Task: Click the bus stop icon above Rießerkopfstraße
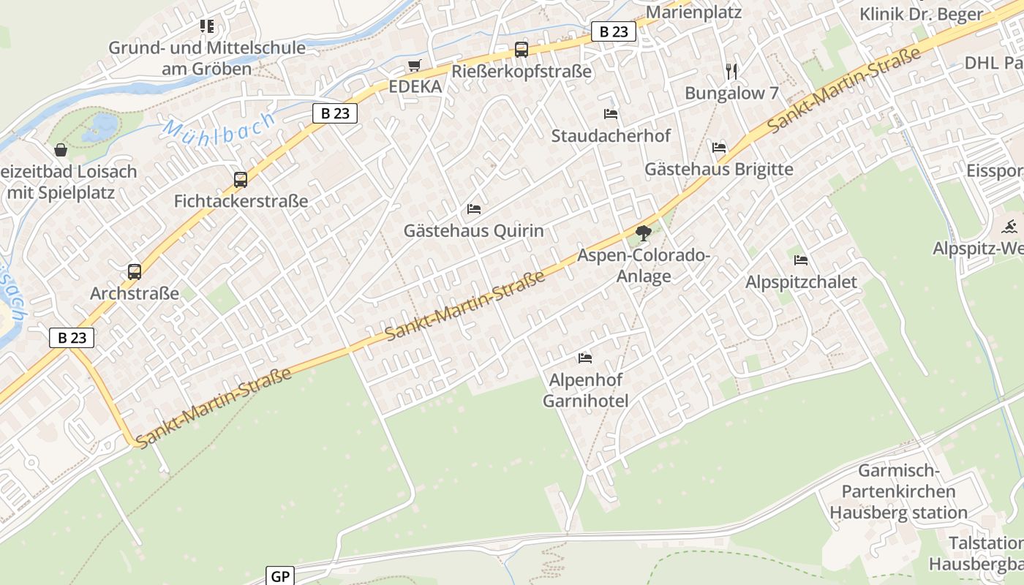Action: [521, 50]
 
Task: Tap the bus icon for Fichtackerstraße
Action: [240, 179]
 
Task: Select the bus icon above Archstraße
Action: [135, 272]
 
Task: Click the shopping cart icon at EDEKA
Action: [415, 66]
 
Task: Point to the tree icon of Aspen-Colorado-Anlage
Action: [643, 234]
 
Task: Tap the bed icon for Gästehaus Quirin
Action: [474, 209]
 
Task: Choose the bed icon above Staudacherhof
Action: [611, 113]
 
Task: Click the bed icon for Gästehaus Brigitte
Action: [719, 148]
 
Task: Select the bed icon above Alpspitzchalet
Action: [801, 260]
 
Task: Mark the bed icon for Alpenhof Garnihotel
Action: [585, 358]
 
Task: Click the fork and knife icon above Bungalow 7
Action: [731, 71]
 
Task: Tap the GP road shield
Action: [280, 576]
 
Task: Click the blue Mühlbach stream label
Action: [219, 129]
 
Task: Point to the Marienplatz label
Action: [693, 12]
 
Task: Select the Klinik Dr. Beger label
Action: [921, 14]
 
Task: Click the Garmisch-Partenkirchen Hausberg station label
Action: [898, 491]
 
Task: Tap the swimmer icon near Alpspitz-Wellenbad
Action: [1010, 226]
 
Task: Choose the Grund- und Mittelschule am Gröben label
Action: [207, 58]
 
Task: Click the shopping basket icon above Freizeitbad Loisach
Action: [61, 150]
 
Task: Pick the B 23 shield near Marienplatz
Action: [613, 31]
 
